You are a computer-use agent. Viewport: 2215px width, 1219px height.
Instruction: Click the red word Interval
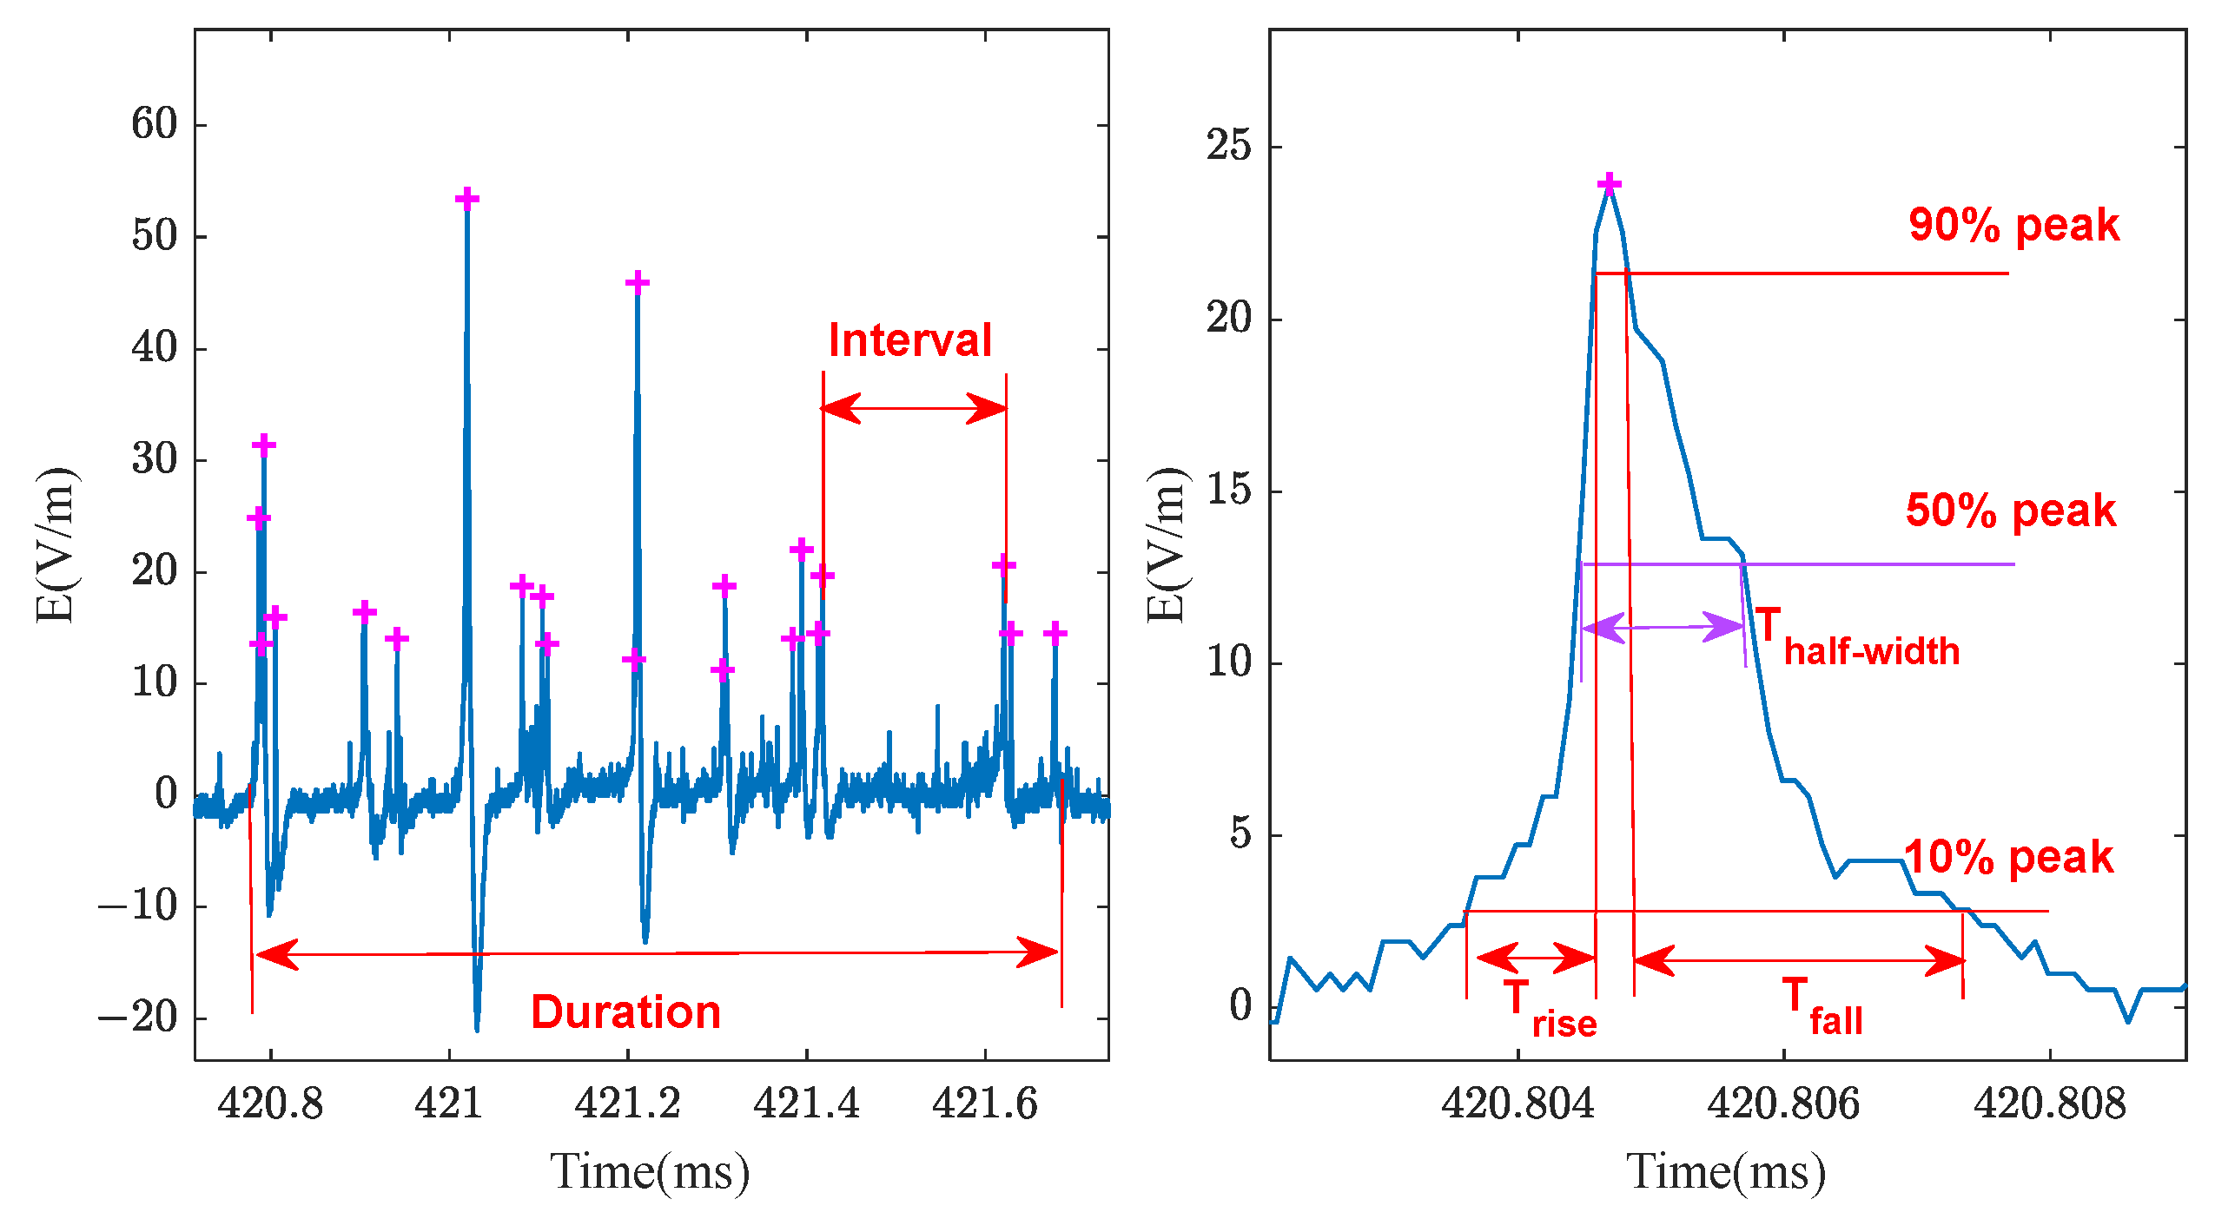point(909,340)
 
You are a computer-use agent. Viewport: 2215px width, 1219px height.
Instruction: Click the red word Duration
point(625,1012)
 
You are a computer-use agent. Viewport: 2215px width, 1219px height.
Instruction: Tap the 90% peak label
point(2013,226)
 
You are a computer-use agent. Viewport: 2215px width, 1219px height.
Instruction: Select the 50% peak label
point(2010,511)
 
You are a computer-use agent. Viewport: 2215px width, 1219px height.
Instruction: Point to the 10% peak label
point(2008,858)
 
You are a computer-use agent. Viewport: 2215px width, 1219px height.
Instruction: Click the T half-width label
point(1857,639)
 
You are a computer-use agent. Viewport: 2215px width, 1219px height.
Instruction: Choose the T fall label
point(1822,1007)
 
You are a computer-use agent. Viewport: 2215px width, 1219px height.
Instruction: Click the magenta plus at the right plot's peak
point(1610,183)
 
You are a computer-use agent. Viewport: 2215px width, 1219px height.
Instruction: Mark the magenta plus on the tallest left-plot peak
point(467,200)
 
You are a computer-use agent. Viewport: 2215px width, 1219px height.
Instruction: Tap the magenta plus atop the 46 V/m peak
point(637,283)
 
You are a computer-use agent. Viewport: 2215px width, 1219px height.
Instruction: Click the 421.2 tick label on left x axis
point(627,1104)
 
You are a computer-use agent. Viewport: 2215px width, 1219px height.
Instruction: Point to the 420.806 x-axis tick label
point(1783,1104)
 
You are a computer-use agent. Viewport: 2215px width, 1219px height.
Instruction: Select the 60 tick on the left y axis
point(155,124)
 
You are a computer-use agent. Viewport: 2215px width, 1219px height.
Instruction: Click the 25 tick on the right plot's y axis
point(1229,145)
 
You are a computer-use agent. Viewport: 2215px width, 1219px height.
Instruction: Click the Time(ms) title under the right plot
point(1726,1172)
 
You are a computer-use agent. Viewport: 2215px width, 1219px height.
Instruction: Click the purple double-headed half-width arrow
point(1663,626)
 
